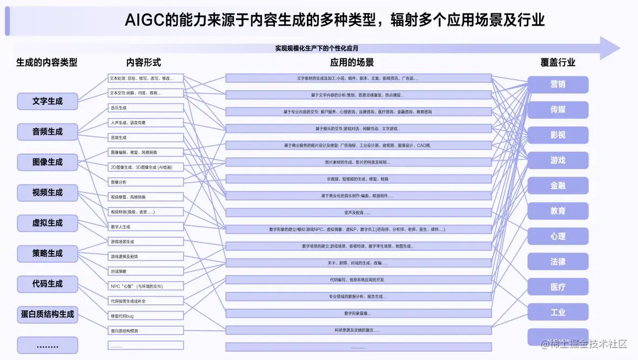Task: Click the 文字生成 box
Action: tap(48, 101)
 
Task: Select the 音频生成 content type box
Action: tap(48, 131)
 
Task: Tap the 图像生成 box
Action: tap(48, 162)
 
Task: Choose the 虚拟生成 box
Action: tap(48, 223)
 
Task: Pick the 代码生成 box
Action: tap(48, 284)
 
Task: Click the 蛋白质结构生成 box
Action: tap(48, 314)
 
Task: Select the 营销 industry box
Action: tap(558, 84)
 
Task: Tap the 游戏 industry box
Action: tap(558, 160)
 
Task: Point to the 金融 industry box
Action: tap(558, 185)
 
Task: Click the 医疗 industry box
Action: tap(558, 287)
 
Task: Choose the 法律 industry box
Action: tap(558, 262)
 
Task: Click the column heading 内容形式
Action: tap(144, 63)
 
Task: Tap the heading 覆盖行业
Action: tap(558, 63)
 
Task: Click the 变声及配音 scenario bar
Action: tap(358, 212)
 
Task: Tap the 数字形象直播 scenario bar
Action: tap(358, 313)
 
